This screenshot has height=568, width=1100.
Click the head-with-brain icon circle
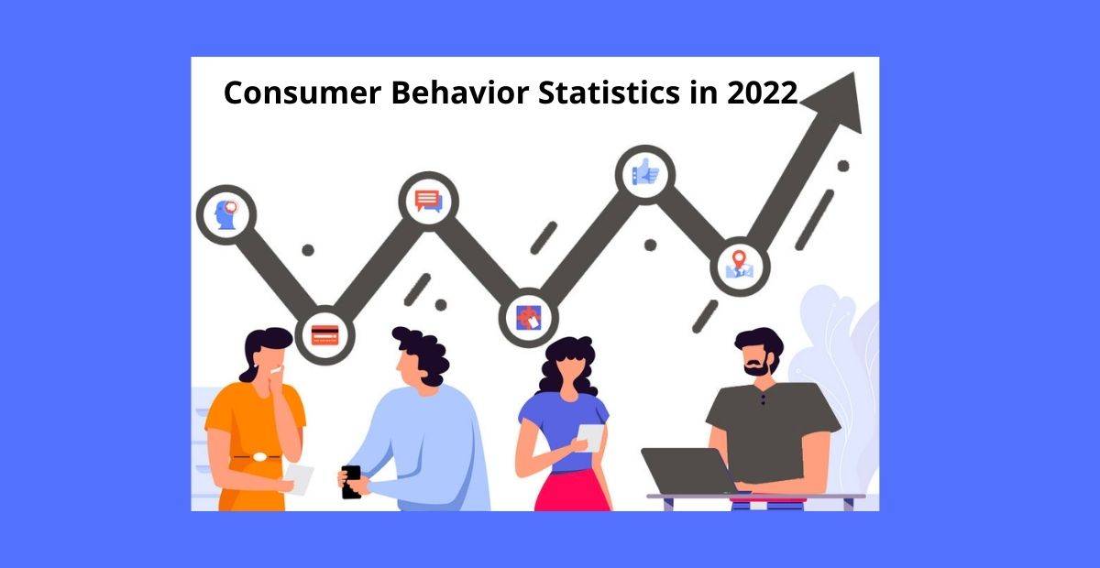point(226,214)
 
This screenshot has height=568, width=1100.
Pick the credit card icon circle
point(324,333)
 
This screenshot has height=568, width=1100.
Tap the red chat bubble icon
point(428,200)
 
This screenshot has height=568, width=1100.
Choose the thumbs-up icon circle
point(645,172)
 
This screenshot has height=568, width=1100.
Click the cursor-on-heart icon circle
point(528,317)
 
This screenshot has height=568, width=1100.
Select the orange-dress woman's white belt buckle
point(260,455)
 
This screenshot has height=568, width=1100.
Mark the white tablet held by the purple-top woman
point(591,437)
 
